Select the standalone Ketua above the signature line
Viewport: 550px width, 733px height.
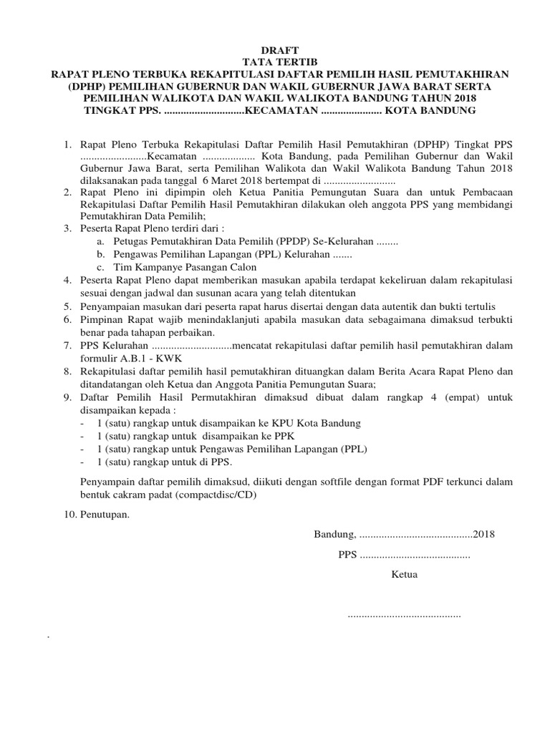(x=404, y=575)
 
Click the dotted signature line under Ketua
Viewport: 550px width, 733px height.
(x=404, y=615)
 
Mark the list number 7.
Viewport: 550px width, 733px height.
(x=67, y=346)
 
